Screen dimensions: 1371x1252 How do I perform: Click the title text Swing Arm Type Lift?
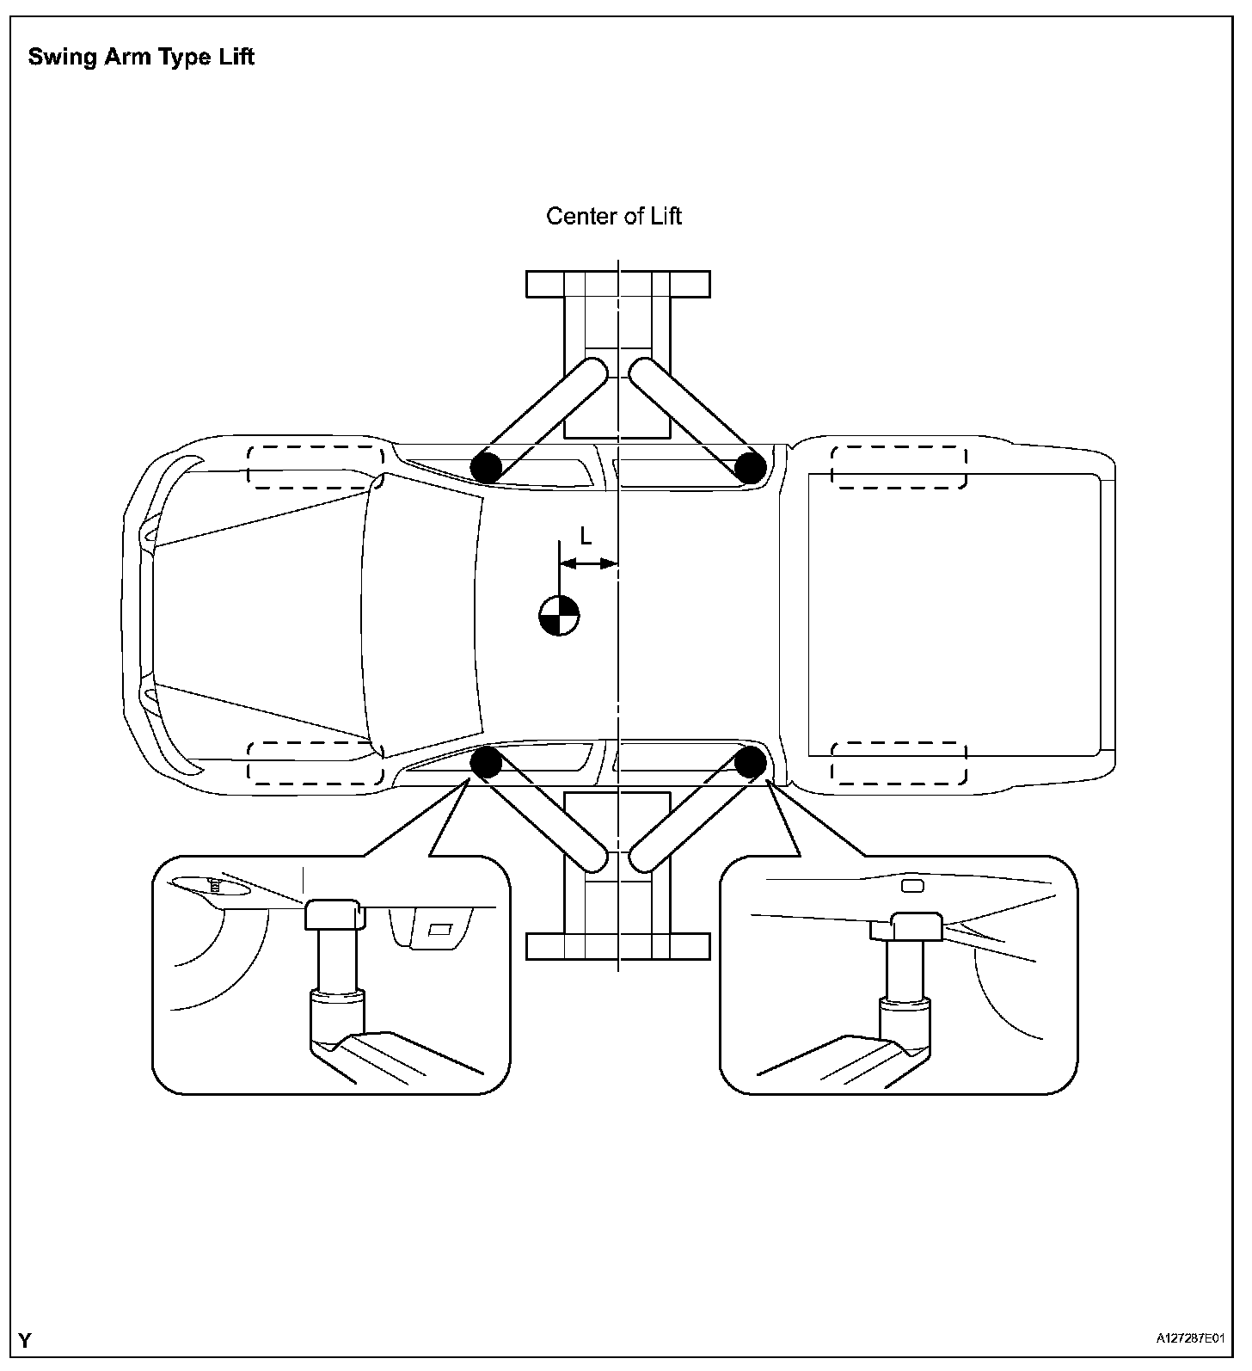[141, 58]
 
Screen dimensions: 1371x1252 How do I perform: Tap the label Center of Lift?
[613, 216]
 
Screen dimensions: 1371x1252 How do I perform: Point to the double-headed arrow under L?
[589, 564]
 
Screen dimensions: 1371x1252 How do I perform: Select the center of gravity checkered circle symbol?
[559, 615]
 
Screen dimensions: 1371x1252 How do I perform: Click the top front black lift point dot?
[486, 468]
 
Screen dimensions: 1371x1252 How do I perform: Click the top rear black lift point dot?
[750, 468]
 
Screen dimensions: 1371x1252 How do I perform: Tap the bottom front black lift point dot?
[486, 762]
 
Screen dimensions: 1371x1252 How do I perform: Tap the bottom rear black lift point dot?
[750, 762]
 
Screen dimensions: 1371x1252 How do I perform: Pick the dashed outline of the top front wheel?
[315, 466]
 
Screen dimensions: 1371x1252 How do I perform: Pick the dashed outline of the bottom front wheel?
[315, 762]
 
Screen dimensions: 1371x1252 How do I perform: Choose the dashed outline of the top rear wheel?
[899, 466]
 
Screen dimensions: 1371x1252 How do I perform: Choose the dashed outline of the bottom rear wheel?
[899, 762]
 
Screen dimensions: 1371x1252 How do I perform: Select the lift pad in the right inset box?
[918, 926]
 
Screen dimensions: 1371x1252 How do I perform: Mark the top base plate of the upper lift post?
[618, 284]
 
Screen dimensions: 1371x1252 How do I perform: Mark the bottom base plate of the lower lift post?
[618, 946]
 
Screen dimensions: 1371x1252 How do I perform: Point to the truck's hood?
[258, 615]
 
